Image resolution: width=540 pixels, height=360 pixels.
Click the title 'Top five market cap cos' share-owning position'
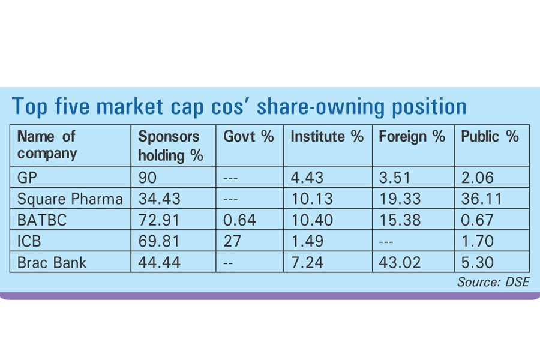pos(239,107)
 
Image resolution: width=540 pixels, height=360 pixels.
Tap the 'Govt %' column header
pos(248,137)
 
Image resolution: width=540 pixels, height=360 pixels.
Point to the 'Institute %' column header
pos(327,137)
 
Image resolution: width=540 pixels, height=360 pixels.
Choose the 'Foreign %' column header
pos(412,137)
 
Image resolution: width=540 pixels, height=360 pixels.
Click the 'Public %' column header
pos(490,137)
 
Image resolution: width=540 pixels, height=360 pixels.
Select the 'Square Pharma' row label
pos(70,199)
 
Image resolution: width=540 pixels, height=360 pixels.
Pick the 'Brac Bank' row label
pos(52,262)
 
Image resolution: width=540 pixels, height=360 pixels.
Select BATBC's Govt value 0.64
pos(239,220)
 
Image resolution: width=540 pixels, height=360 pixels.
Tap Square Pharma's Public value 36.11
pos(479,199)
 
